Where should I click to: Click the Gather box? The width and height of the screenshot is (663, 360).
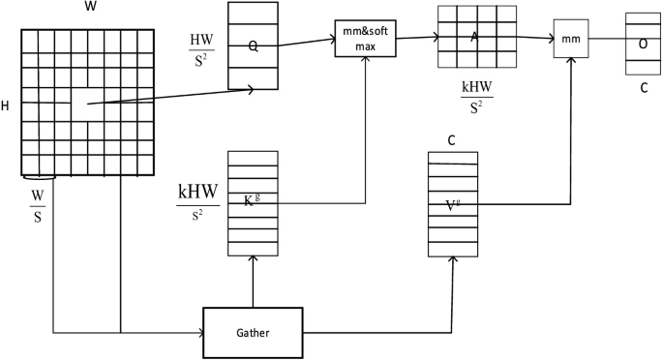pos(253,332)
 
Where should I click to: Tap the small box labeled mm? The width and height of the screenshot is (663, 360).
pos(571,40)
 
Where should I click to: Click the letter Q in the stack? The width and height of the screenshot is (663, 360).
pos(252,44)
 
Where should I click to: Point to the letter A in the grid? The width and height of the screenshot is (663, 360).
pos(474,37)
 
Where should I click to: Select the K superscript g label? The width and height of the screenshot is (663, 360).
pos(250,200)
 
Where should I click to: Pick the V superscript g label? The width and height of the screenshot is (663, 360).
pos(452,204)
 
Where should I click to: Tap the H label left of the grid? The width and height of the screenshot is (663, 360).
pos(6,105)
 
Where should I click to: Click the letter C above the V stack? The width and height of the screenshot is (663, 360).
pos(451,139)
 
